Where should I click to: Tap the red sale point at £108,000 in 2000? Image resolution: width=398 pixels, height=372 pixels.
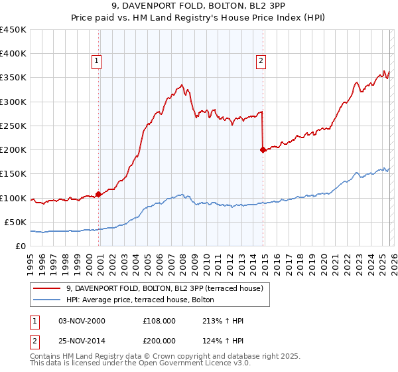[x=99, y=194]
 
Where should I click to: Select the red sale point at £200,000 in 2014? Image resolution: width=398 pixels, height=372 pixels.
[x=263, y=149]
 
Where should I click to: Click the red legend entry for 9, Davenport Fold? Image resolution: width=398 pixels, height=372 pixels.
[x=165, y=288]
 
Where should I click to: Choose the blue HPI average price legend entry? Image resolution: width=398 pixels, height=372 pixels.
[x=140, y=300]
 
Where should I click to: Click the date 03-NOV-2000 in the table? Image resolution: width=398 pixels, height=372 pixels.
[x=82, y=321]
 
